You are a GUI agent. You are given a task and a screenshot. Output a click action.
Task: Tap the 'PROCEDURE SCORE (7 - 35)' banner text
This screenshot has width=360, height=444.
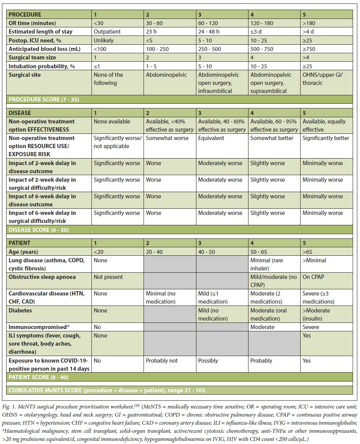[44, 100]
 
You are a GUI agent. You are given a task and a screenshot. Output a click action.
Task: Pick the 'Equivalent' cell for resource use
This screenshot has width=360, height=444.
[211, 138]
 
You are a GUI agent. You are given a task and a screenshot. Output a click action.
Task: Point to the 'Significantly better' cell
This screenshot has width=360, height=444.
[326, 138]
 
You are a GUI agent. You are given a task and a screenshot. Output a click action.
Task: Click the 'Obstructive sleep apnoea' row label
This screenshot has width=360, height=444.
[42, 277]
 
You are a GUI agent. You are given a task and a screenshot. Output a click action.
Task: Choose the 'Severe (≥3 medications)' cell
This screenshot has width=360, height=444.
[318, 297]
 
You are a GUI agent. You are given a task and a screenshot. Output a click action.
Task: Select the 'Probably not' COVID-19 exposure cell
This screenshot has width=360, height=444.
[162, 361]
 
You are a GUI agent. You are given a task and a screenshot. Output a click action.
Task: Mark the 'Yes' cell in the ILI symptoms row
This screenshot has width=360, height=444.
[307, 336]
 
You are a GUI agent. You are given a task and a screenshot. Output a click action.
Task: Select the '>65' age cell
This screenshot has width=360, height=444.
[307, 252]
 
